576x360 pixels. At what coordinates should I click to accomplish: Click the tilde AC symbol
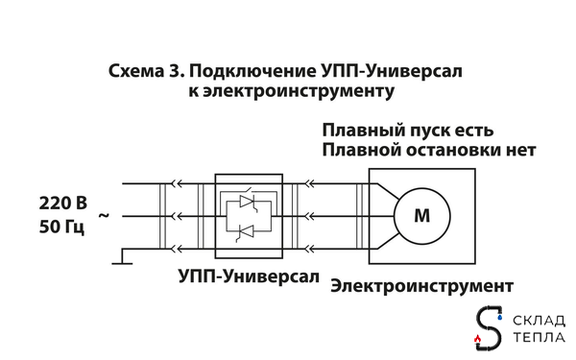104,217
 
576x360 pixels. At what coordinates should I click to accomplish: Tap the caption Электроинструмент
420,286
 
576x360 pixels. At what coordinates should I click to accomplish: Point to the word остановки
452,151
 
